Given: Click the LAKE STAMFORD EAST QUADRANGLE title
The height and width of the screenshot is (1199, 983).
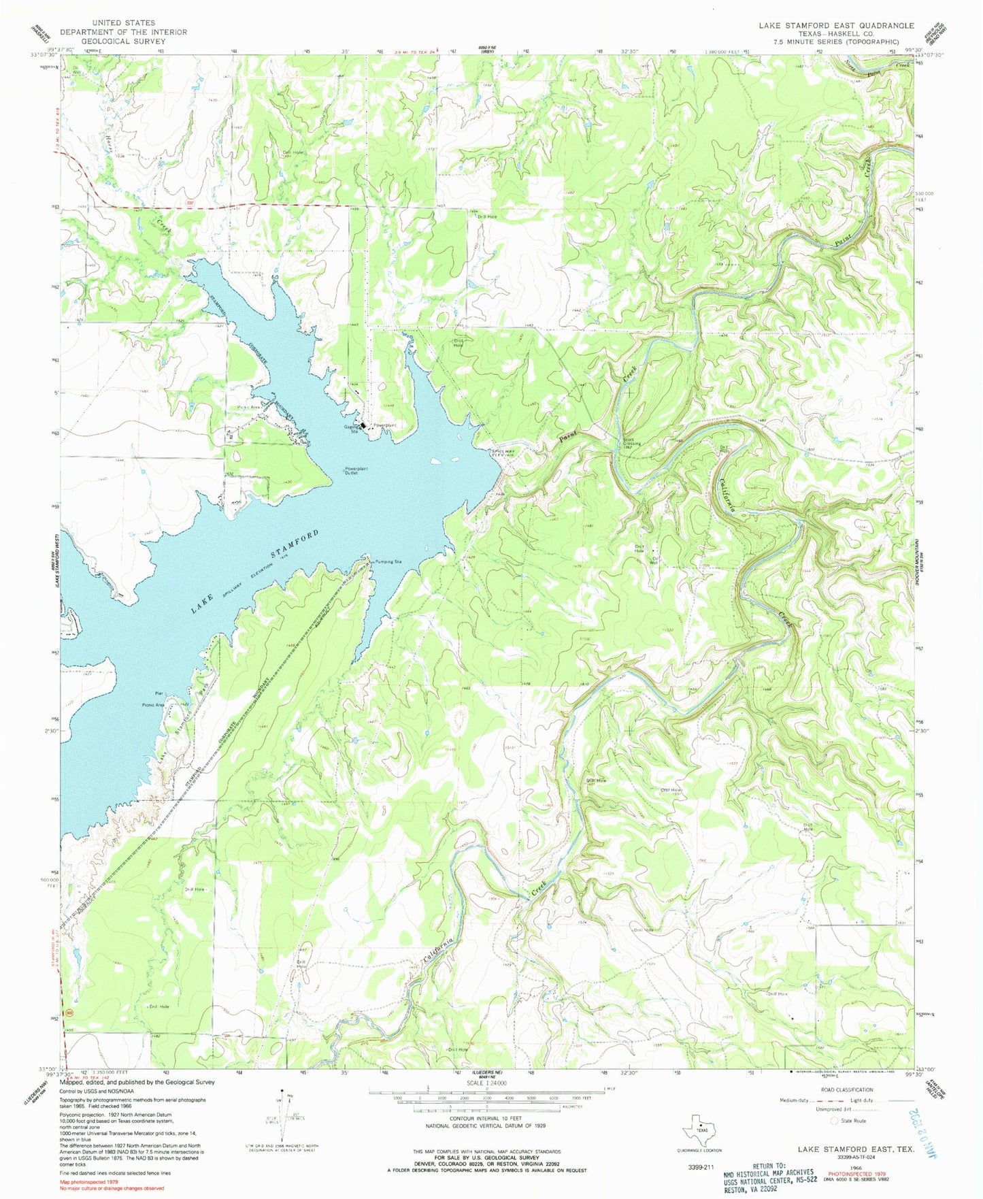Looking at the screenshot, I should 836,25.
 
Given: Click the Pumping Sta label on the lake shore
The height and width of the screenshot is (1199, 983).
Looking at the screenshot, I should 388,562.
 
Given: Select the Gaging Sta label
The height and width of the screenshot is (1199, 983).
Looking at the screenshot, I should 351,429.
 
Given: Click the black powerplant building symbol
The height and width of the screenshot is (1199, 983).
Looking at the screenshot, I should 363,427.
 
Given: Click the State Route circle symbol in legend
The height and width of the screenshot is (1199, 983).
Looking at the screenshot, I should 834,1121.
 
